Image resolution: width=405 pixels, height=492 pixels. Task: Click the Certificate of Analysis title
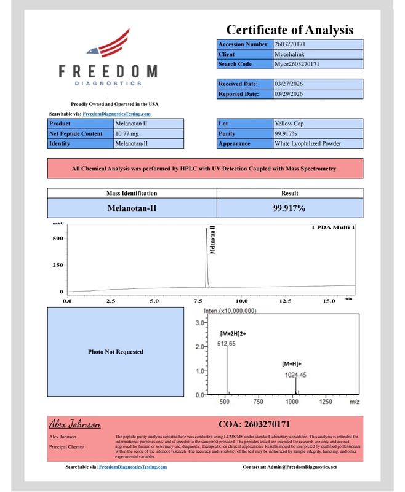[289, 30]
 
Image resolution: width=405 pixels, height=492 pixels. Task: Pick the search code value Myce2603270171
[296, 64]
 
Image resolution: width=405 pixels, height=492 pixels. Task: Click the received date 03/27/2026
[289, 84]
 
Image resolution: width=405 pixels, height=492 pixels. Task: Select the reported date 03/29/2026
[289, 94]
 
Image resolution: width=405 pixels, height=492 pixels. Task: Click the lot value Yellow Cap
[289, 124]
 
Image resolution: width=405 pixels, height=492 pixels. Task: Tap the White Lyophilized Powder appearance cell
[308, 143]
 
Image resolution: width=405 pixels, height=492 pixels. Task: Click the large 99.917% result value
[289, 208]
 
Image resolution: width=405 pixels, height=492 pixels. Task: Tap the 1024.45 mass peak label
[295, 375]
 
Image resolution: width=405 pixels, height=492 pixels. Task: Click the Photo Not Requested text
[116, 352]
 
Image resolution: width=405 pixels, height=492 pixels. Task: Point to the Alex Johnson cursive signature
[75, 424]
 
